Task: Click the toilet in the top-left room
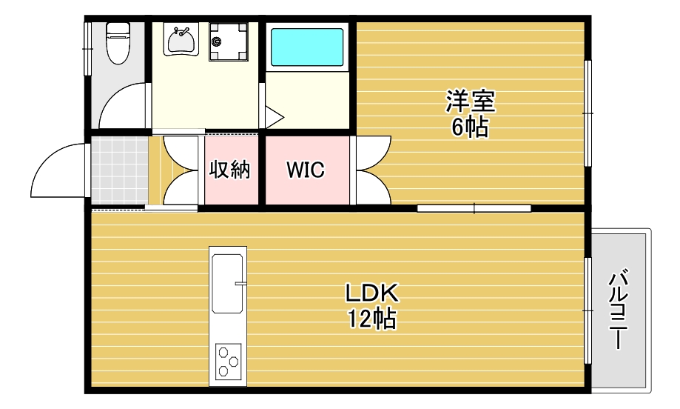tap(118, 42)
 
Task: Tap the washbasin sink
tap(181, 39)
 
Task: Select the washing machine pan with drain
tap(228, 41)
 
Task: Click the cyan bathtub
tap(307, 47)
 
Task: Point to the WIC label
tap(306, 170)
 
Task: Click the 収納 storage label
tap(230, 170)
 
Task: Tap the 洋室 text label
tap(471, 102)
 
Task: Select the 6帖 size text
tap(470, 127)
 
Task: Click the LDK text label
tap(371, 293)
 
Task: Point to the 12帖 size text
tap(371, 319)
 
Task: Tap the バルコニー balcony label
tap(618, 310)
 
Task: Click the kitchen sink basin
tap(227, 284)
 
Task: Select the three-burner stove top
tap(228, 360)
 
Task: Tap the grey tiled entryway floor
tap(120, 170)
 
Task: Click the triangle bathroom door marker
tap(274, 117)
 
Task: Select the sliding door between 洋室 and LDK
tap(474, 208)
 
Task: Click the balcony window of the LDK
tap(588, 310)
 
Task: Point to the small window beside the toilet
tap(87, 49)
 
